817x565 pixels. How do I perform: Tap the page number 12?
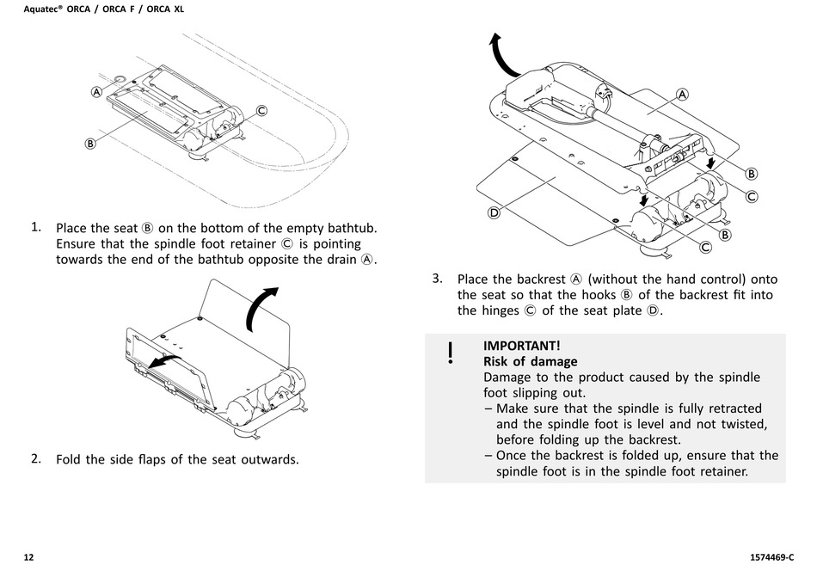tap(28, 557)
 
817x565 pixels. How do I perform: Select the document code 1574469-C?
tap(765, 557)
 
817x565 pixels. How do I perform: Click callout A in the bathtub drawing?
tap(97, 91)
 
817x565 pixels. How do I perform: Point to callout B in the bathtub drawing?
tap(89, 144)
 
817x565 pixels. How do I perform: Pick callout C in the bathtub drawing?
tap(261, 109)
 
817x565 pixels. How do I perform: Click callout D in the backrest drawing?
tap(494, 212)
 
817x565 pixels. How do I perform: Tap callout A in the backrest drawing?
tap(682, 95)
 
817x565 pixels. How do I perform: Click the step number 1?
tap(36, 227)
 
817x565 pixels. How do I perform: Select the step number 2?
tap(36, 458)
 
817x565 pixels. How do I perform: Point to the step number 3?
tap(437, 278)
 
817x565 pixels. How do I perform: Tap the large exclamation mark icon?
tap(450, 353)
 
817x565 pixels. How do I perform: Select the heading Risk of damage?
tap(530, 361)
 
